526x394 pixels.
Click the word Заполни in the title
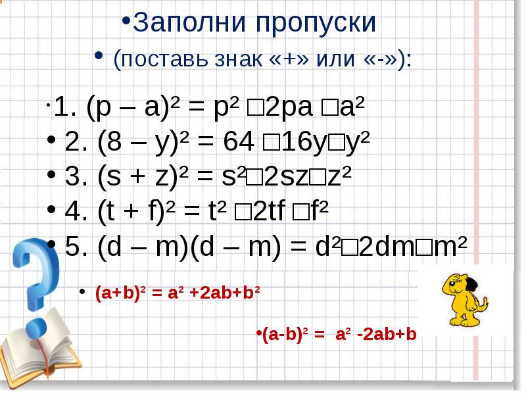[x=185, y=23]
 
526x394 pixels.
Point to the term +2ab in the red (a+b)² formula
[x=209, y=293]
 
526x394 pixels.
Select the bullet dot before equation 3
[x=53, y=177]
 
